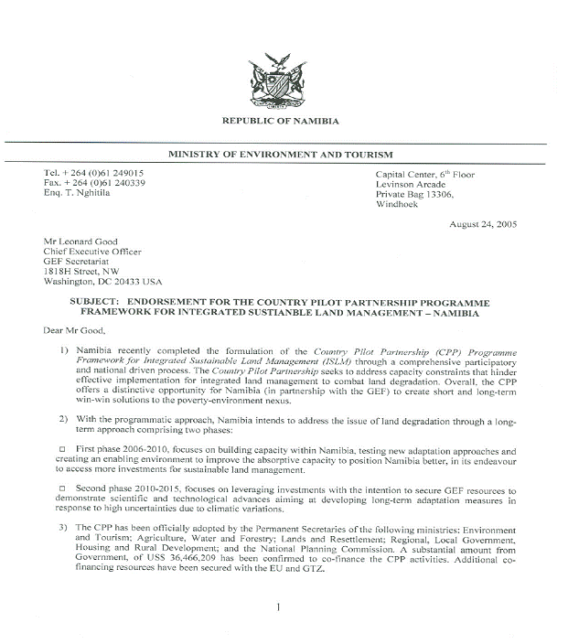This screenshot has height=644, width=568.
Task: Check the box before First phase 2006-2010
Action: coord(62,451)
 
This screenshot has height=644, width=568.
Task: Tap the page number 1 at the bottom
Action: coord(279,607)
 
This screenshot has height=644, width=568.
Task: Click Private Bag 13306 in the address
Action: coord(421,194)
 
